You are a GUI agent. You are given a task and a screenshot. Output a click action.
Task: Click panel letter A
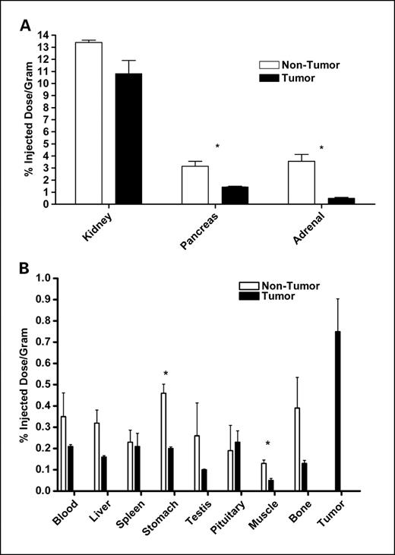tap(25, 27)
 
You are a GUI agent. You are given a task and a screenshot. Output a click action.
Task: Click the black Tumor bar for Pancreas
tap(235, 195)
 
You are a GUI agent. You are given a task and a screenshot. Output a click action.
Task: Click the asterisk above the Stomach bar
tap(165, 374)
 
